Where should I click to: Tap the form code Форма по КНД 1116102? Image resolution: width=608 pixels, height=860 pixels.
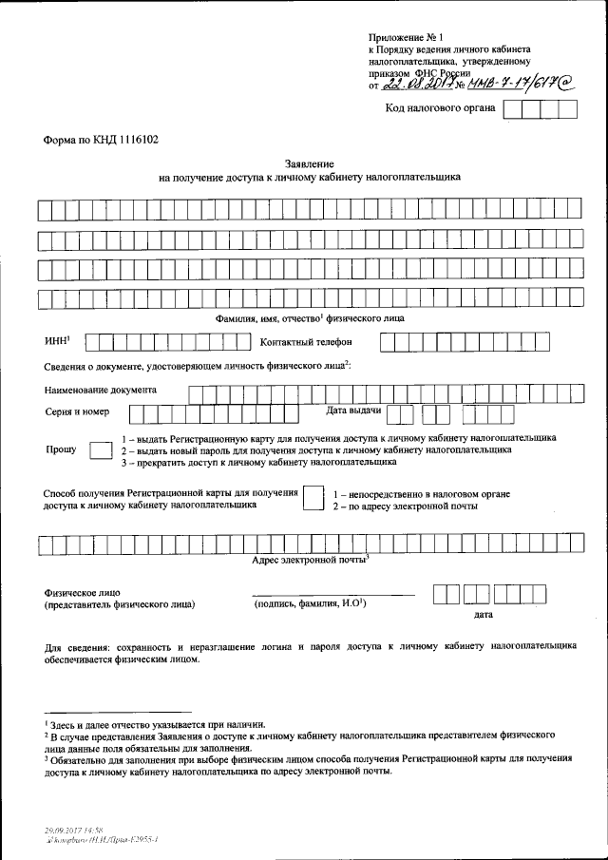click(101, 138)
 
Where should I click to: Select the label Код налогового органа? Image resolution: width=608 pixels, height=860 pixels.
click(440, 108)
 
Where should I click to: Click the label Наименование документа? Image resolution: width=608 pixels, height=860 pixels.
click(101, 391)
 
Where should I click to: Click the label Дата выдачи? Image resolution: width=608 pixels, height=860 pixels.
click(353, 411)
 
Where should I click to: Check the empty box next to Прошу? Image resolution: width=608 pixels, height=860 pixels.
click(100, 450)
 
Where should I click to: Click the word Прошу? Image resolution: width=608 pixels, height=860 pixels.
click(61, 450)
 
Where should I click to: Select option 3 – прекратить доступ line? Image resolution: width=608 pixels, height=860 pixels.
click(257, 463)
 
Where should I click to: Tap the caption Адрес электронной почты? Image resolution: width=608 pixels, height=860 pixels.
click(309, 562)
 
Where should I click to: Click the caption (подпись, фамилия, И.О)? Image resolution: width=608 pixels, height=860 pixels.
click(309, 603)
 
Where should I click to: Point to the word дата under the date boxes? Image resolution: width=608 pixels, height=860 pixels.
click(483, 615)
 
